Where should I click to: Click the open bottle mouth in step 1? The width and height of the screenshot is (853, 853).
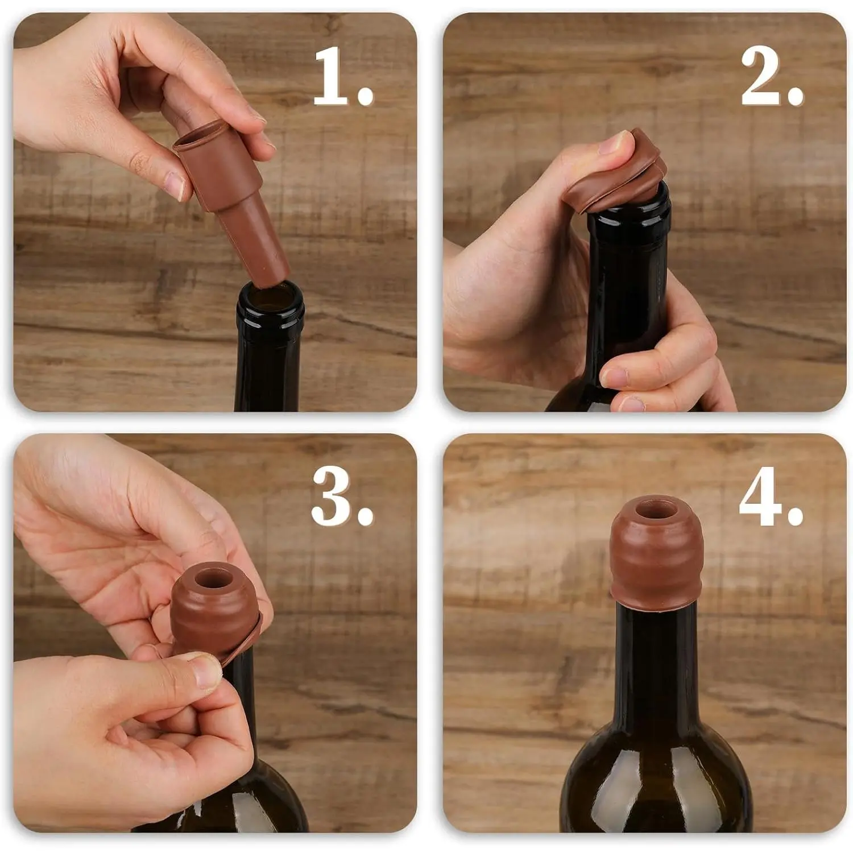coord(271,296)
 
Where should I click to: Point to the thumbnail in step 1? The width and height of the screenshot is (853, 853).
coord(175,185)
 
